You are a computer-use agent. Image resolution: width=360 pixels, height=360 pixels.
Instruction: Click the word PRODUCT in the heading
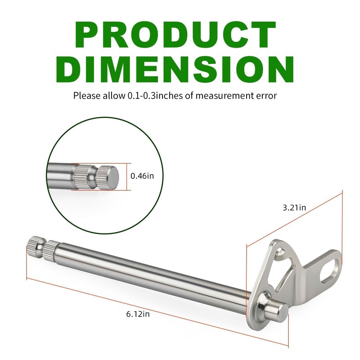[x=175, y=35]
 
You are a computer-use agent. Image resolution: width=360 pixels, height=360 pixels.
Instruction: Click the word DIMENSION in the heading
[x=175, y=69]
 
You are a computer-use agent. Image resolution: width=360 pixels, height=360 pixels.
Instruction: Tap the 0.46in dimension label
[x=142, y=176]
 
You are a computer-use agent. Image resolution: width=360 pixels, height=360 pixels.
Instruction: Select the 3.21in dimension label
[x=294, y=207]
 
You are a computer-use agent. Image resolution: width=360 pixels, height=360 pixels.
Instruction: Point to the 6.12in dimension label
[x=138, y=314]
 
